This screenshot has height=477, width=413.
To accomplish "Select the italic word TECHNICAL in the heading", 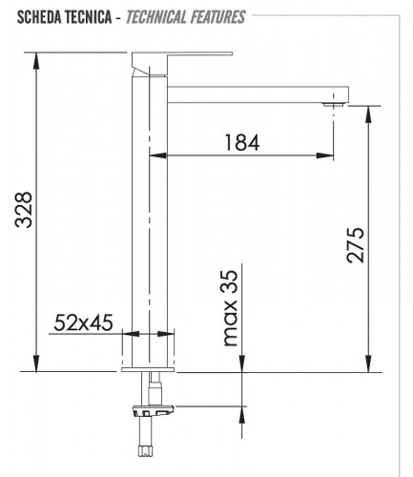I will click(x=156, y=16).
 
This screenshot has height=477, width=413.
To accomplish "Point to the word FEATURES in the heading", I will click(x=215, y=16).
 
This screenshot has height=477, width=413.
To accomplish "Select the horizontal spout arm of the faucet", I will click(x=258, y=93).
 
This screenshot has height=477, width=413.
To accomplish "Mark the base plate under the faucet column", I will click(x=150, y=364).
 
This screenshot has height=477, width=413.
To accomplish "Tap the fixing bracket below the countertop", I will click(x=154, y=410).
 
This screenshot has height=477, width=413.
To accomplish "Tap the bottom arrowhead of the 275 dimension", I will click(x=368, y=365).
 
